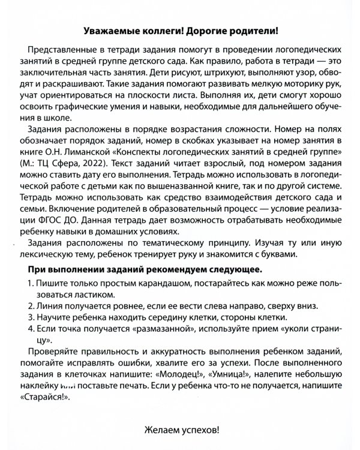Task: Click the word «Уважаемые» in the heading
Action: pos(107,29)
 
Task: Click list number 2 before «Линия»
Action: pos(31,307)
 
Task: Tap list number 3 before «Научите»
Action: pos(31,319)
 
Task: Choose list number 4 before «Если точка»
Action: pos(31,331)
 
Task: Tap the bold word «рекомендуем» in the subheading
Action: pos(167,267)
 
